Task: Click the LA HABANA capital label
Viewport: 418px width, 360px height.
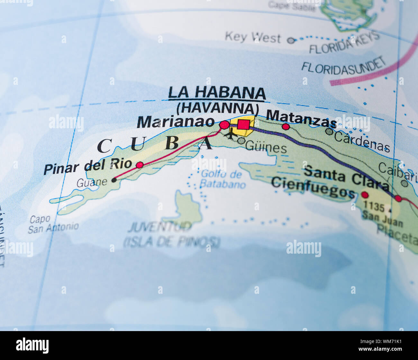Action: pyautogui.click(x=217, y=93)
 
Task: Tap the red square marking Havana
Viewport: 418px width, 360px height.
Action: pyautogui.click(x=243, y=124)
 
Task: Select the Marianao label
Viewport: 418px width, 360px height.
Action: pyautogui.click(x=176, y=122)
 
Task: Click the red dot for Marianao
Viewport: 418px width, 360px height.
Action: pyautogui.click(x=224, y=125)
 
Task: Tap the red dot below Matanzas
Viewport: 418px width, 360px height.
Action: pyautogui.click(x=286, y=127)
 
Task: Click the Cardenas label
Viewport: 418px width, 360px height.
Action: pyautogui.click(x=362, y=142)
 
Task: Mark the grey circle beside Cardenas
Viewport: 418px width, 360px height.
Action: pyautogui.click(x=329, y=131)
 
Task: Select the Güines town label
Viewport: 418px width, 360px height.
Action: pyautogui.click(x=266, y=148)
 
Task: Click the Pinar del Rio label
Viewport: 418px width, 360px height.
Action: pyautogui.click(x=88, y=166)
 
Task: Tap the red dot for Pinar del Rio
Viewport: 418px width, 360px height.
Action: pyautogui.click(x=140, y=165)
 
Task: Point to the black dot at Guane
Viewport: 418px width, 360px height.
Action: pyautogui.click(x=114, y=180)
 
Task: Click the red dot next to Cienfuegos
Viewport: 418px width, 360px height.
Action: pyautogui.click(x=365, y=195)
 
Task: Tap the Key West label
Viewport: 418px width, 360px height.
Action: pyautogui.click(x=253, y=37)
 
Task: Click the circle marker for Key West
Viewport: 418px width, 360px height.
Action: pyautogui.click(x=291, y=40)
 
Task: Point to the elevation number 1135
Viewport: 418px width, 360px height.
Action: pyautogui.click(x=374, y=207)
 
